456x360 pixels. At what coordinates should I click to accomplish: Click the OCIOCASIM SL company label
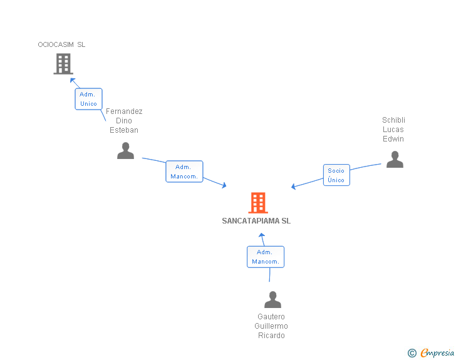tap(61, 44)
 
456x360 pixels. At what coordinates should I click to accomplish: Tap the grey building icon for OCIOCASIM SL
tap(63, 64)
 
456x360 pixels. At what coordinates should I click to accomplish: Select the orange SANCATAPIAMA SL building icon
tap(258, 203)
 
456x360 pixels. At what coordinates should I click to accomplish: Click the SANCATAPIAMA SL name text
tap(256, 221)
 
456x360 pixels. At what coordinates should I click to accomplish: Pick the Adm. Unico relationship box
tap(88, 99)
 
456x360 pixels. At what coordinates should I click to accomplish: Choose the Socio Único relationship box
tap(336, 175)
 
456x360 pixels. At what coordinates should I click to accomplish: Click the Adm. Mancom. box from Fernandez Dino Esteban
tap(184, 172)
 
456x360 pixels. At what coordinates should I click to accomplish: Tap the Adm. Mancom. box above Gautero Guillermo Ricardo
tap(265, 257)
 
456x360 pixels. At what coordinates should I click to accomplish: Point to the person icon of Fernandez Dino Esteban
tap(126, 151)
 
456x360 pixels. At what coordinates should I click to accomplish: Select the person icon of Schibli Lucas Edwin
tap(395, 160)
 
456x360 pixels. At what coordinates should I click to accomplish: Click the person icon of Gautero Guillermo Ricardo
tap(272, 300)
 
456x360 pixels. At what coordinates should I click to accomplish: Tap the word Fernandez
tap(124, 111)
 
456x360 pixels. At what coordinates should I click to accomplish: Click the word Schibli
tap(394, 120)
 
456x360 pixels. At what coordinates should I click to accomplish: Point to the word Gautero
tap(271, 317)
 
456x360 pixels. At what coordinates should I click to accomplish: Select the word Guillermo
tap(271, 326)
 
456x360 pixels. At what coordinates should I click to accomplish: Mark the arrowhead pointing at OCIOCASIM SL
tap(72, 80)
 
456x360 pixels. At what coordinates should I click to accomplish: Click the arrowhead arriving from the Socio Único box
tap(293, 187)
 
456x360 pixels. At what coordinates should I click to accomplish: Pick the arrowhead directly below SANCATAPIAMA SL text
tap(262, 235)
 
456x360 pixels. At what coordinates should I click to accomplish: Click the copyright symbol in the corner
tap(412, 353)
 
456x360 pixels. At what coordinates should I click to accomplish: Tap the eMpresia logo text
tap(437, 353)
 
